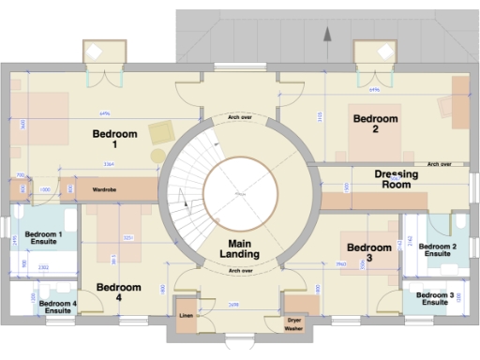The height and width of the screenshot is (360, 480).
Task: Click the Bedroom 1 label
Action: (115, 140)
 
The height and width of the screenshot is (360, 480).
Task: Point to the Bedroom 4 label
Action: (120, 292)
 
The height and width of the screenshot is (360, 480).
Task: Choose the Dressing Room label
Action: (396, 179)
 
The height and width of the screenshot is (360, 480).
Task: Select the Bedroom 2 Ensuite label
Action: (437, 249)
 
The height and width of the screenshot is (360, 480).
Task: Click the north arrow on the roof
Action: (327, 35)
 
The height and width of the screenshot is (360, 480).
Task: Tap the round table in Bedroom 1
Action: (157, 155)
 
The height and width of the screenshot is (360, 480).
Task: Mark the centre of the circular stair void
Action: (240, 194)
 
